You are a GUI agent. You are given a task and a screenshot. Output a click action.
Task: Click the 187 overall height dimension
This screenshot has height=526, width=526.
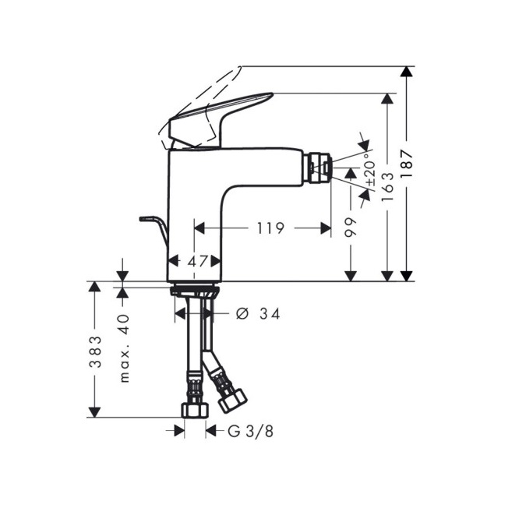tap(407, 164)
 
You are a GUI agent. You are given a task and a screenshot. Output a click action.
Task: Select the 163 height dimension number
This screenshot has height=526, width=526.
tap(387, 186)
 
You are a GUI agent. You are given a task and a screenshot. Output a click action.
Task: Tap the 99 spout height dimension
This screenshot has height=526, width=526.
tap(351, 228)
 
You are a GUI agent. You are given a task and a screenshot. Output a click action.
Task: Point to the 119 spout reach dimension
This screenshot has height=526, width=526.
tap(270, 228)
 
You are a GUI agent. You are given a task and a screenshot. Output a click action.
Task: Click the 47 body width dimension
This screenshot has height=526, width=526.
tap(197, 261)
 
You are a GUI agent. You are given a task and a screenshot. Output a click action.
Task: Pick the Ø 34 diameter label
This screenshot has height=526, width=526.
tap(258, 314)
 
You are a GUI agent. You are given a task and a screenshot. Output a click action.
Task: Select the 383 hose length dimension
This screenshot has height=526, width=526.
tap(95, 351)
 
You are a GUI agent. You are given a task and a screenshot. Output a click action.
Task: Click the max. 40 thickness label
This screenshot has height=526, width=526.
tap(123, 348)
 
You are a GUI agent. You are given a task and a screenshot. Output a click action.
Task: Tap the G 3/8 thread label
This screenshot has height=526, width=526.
tap(250, 432)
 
